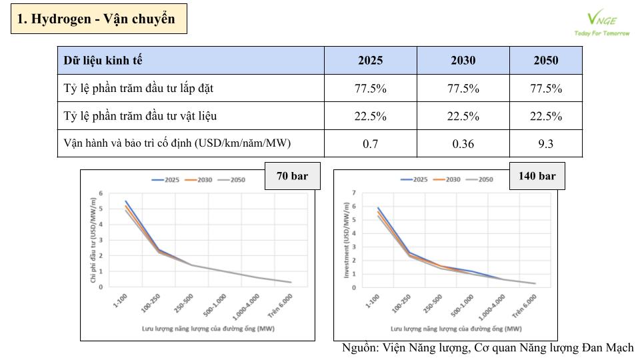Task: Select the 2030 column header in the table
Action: pos(463,61)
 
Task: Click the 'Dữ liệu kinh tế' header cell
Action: pos(103,61)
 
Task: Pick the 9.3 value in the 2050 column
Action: pos(545,144)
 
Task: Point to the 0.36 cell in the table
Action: pos(463,144)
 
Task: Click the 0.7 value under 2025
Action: pos(370,144)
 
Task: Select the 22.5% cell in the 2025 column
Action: pos(370,116)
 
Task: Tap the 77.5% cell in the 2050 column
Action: pos(545,89)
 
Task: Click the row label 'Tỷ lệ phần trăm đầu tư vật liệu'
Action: pos(140,116)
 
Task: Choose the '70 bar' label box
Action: pos(292,176)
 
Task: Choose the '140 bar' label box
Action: pos(537,176)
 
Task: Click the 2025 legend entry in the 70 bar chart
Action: pos(167,179)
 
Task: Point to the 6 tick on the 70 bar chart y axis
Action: pos(101,193)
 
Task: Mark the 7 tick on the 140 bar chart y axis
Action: pos(354,193)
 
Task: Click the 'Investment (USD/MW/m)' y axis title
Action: pos(345,241)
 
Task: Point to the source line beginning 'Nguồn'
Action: pos(487,349)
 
